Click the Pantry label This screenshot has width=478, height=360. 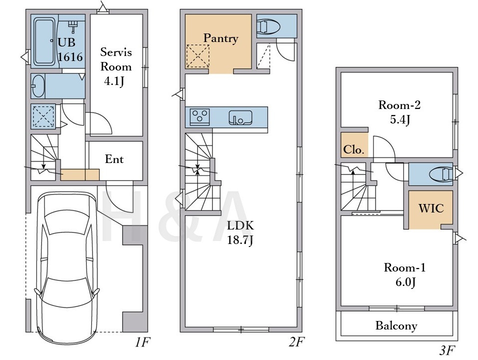[220, 38]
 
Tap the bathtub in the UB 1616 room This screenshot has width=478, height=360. [44, 41]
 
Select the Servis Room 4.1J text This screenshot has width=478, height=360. [116, 67]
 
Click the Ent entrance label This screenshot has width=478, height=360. [114, 159]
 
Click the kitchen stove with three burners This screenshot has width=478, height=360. [199, 116]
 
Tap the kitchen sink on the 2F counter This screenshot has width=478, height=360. [240, 117]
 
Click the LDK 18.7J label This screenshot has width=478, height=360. [240, 233]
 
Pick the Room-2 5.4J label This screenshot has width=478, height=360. [399, 112]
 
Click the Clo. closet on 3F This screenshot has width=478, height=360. [354, 145]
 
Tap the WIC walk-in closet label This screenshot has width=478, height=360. [430, 208]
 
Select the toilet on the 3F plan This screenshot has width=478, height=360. [441, 174]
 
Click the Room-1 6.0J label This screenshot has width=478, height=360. [405, 274]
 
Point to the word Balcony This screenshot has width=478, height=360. [396, 325]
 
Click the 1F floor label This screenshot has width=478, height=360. [142, 342]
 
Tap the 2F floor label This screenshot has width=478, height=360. [296, 342]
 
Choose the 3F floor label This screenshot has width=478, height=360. [447, 350]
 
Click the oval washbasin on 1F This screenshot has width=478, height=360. [38, 86]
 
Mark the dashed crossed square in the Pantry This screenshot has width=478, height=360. [198, 56]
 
